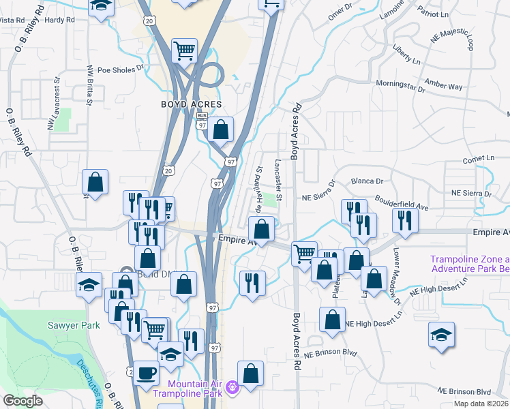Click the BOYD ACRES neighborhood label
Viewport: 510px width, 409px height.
[x=192, y=104]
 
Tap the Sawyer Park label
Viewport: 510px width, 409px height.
[x=78, y=325]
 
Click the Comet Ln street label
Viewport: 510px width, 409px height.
[x=478, y=158]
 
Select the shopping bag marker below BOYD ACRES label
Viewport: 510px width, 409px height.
[x=221, y=129]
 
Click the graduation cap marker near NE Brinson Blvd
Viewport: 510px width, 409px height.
[x=441, y=335]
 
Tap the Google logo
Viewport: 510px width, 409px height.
[x=22, y=401]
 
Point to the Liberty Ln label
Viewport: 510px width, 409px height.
[x=406, y=55]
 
